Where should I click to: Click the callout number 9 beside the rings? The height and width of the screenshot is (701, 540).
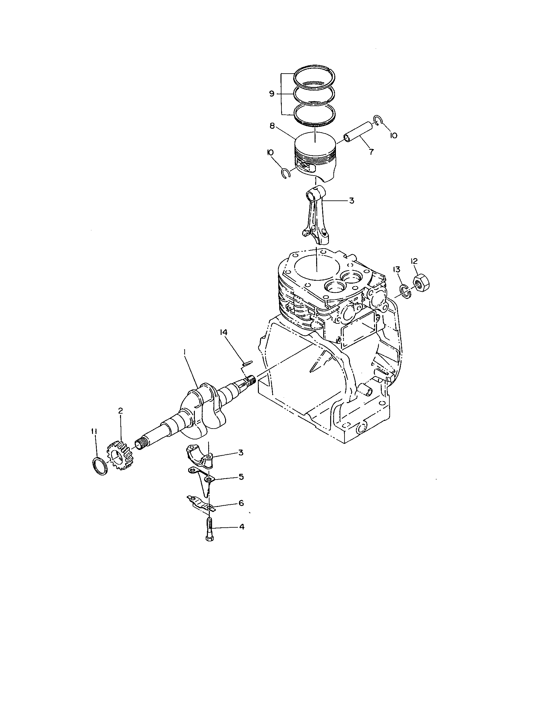tap(272, 94)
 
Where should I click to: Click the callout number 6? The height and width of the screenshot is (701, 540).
tap(240, 503)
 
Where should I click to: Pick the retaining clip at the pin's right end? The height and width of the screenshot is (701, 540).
tap(377, 121)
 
